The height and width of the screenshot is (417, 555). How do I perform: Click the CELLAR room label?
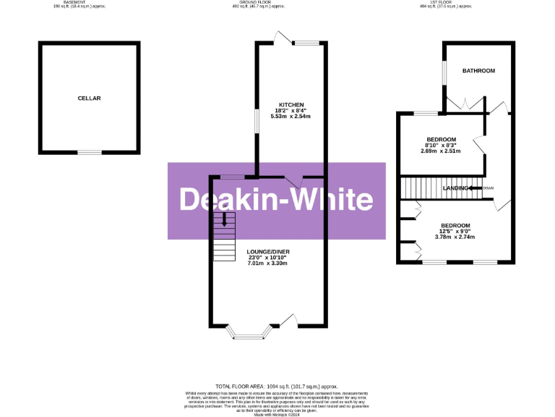pos(90,98)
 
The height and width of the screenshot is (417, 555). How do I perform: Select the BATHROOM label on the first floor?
pos(478,71)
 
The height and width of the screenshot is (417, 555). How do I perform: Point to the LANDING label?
pos(455,188)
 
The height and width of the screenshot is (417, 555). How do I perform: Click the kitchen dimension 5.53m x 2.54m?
pos(289,117)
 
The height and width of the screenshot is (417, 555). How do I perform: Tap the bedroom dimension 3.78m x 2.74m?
pos(455,237)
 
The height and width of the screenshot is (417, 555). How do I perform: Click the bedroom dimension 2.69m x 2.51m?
pos(441,151)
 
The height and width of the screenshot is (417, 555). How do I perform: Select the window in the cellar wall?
pos(90,152)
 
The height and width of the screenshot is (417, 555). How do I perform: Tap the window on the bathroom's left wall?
pos(444,73)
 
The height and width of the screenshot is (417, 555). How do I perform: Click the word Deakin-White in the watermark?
pos(276,201)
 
